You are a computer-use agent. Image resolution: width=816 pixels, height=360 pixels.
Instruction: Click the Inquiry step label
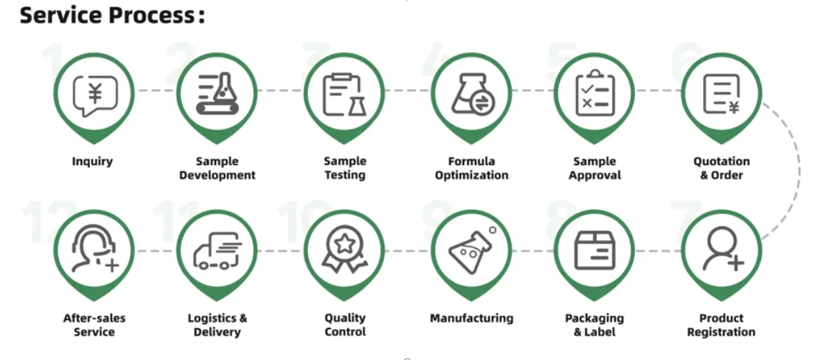click(x=92, y=161)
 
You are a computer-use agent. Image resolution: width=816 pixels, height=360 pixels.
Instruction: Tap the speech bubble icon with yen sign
click(x=95, y=95)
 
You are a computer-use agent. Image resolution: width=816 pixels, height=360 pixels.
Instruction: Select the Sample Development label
click(x=218, y=168)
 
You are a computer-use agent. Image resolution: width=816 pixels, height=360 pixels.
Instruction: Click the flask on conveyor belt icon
click(x=218, y=93)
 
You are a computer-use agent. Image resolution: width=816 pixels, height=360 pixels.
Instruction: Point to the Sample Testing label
click(x=345, y=168)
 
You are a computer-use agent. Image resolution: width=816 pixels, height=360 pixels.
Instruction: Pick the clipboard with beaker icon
click(x=345, y=95)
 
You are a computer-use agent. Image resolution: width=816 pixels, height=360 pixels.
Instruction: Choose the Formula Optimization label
click(x=471, y=168)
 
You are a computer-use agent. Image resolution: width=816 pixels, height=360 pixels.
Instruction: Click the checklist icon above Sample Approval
click(x=595, y=93)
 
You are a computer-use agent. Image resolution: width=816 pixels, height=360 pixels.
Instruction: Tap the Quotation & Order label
click(x=721, y=168)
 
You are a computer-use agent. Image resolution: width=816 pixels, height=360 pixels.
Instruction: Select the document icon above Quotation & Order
click(x=721, y=94)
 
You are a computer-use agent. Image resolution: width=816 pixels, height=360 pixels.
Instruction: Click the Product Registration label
click(x=721, y=325)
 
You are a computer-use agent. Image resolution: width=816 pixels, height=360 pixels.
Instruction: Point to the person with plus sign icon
click(x=723, y=251)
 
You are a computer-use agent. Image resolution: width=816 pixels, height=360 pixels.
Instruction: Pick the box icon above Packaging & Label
click(x=594, y=251)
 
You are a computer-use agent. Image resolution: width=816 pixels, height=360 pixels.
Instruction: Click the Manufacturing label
click(x=471, y=318)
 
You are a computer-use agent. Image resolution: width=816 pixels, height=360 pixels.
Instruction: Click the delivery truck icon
click(x=218, y=251)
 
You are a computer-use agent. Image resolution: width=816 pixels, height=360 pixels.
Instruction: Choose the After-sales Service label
click(x=94, y=325)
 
